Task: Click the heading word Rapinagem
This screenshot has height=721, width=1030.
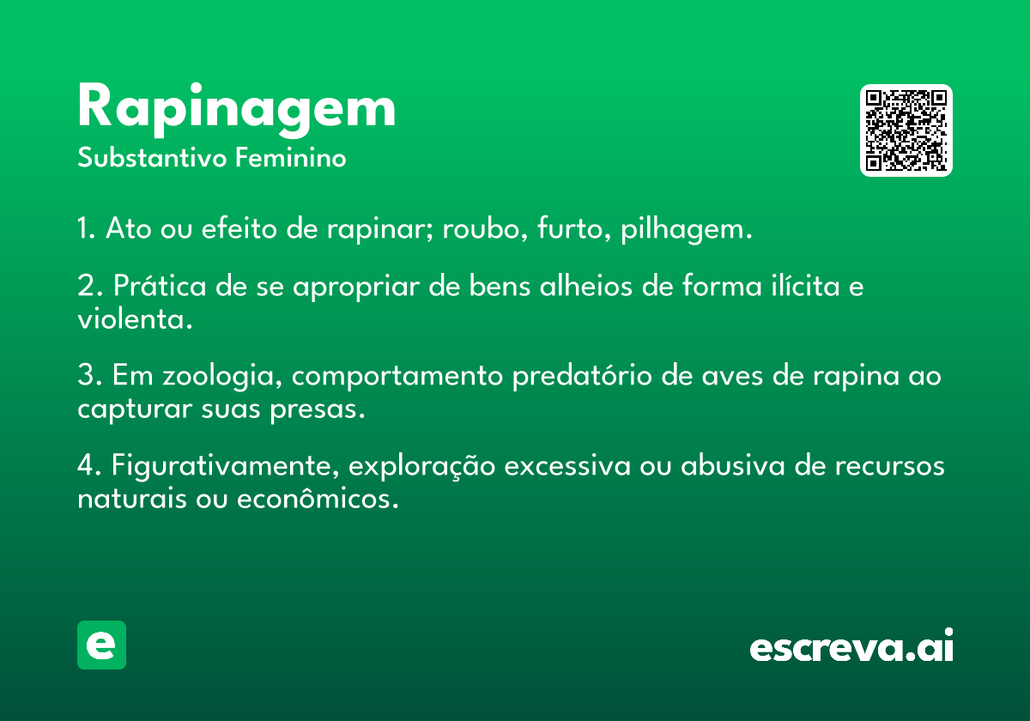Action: [x=236, y=110]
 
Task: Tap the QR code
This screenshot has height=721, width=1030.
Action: [x=906, y=130]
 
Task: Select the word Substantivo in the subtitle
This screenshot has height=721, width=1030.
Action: [x=152, y=157]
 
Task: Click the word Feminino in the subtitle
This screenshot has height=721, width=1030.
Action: [x=291, y=157]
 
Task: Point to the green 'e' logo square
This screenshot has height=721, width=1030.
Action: [x=101, y=645]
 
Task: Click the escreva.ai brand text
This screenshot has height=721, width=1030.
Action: [x=851, y=645]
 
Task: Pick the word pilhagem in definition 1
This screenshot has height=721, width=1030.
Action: [x=687, y=228]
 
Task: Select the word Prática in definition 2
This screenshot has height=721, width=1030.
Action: [x=160, y=285]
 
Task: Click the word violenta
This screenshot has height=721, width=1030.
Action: [x=135, y=318]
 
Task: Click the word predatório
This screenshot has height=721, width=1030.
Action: [x=582, y=376]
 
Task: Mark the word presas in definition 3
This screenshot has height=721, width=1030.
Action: [x=318, y=409]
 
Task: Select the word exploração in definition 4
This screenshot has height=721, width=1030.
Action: [x=421, y=466]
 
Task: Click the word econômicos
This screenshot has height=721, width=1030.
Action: [x=318, y=499]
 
